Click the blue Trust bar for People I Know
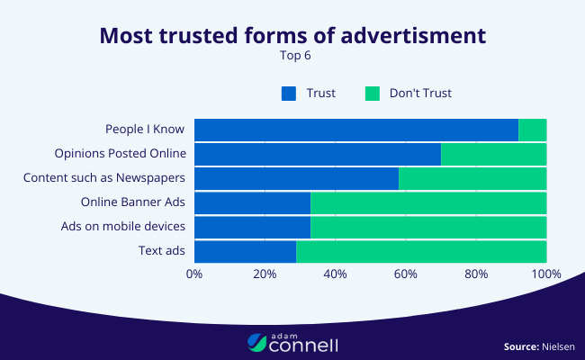point(355,130)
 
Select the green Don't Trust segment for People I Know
point(533,130)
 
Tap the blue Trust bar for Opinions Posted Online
point(317,154)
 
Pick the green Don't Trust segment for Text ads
point(421,251)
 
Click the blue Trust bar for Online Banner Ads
point(252,202)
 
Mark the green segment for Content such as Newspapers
point(472,178)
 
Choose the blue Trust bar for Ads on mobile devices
point(252,227)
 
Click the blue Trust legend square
point(288,93)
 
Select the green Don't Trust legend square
point(372,93)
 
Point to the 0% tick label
point(194,274)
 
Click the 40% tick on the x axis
point(335,274)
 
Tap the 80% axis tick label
point(476,274)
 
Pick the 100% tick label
point(545,274)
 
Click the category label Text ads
point(162,251)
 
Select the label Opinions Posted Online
point(120,154)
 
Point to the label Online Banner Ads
point(133,202)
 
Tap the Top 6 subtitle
point(292,55)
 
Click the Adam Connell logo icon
point(256,342)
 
